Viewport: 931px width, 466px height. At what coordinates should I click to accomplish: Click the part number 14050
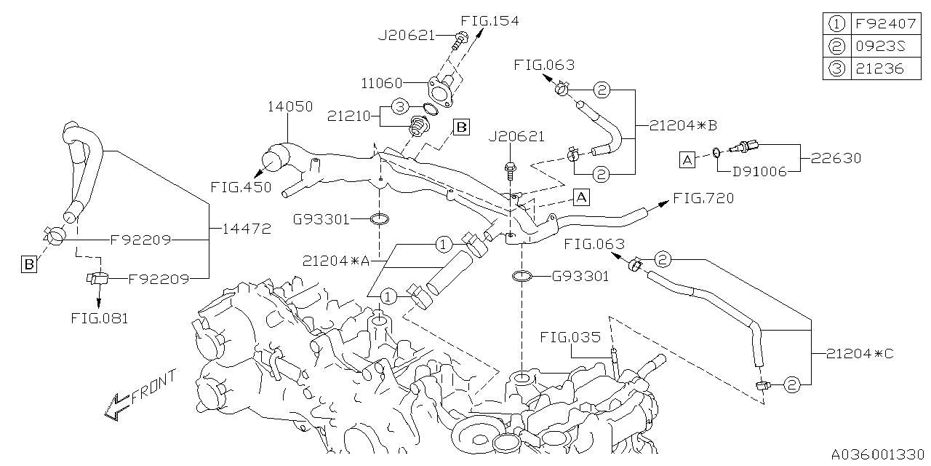[x=289, y=107]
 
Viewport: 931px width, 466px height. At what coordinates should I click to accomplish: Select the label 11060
[x=377, y=83]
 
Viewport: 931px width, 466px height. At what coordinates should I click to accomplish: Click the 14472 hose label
[x=247, y=229]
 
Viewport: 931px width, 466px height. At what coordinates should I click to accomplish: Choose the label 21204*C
[x=860, y=354]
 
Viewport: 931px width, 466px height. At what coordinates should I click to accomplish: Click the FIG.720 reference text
[x=703, y=198]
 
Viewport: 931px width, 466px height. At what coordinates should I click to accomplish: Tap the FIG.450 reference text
[x=241, y=187]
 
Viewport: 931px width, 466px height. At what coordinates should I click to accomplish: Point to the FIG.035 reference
[x=570, y=337]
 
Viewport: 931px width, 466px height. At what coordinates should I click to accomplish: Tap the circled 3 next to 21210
[x=399, y=107]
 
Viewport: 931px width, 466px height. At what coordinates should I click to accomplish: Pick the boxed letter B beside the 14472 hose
[x=28, y=264]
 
